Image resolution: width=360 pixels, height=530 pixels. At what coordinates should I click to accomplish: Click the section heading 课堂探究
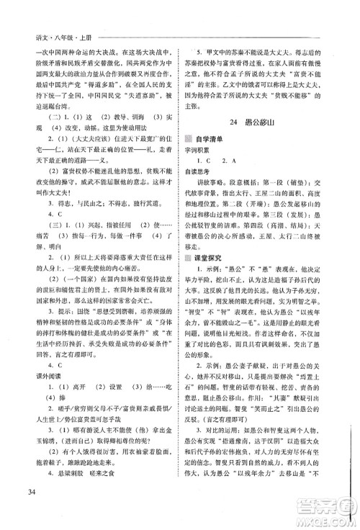coord(217,258)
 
